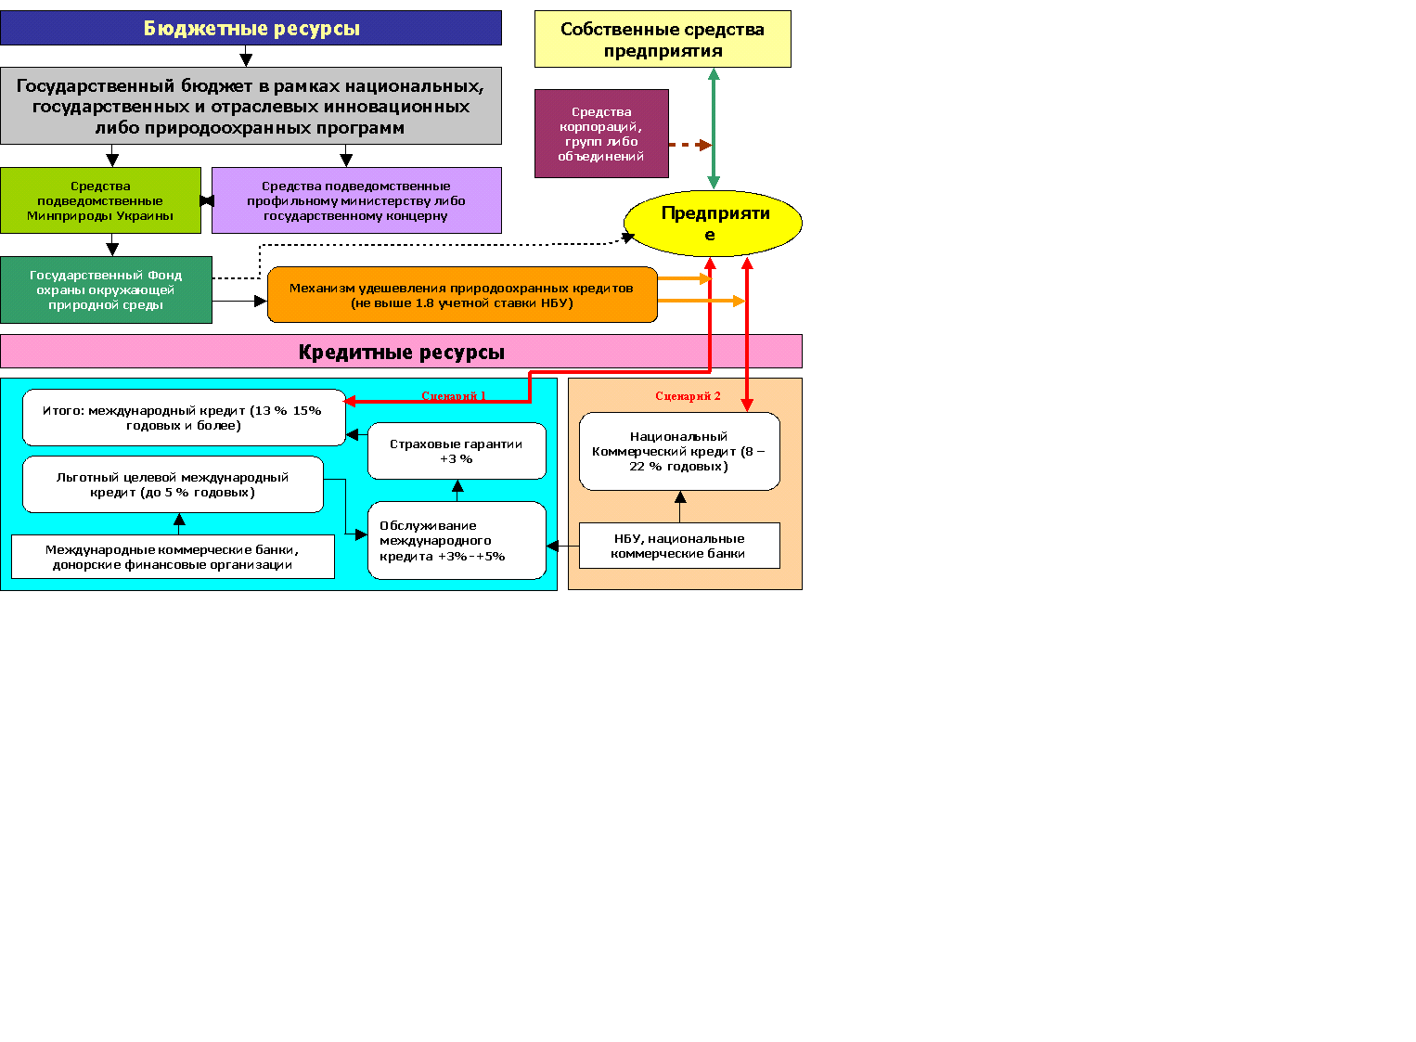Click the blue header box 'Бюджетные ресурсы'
coord(251,28)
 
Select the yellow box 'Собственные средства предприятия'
coord(663,39)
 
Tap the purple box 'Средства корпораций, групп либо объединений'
coord(601,134)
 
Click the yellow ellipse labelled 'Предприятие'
coord(713,224)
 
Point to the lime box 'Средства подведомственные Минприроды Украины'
coord(100,200)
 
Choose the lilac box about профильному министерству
coord(356,200)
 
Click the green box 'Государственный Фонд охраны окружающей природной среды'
coord(106,289)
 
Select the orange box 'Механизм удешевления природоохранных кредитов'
coord(462,295)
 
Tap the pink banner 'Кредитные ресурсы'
coord(401,352)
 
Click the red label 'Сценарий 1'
coord(454,396)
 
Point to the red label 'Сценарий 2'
coord(688,396)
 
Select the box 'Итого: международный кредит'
coord(183,418)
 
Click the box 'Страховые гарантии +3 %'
coord(457,451)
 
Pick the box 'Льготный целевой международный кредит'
coord(173,484)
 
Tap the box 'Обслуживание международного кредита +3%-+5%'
coord(457,540)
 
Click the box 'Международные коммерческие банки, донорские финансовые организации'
coord(173,557)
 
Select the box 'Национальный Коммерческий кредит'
coord(679,451)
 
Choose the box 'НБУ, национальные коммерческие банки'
coord(679,546)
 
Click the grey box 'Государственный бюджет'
coord(251,106)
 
